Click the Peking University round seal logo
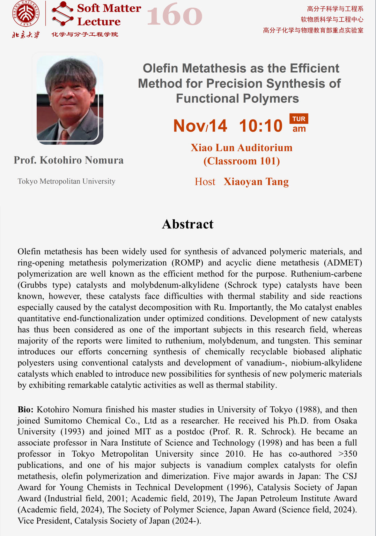coord(26,13)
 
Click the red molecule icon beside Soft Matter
coord(63,14)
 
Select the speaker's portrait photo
coord(70,99)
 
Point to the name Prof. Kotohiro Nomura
coord(69,160)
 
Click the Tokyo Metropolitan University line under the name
coord(66,181)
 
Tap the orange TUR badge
coord(299,119)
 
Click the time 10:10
coord(261,126)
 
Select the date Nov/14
coord(200,126)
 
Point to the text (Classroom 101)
coord(242,161)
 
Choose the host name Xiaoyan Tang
coord(256,182)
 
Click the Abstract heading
coord(188,224)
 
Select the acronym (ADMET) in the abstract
coord(346,263)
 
